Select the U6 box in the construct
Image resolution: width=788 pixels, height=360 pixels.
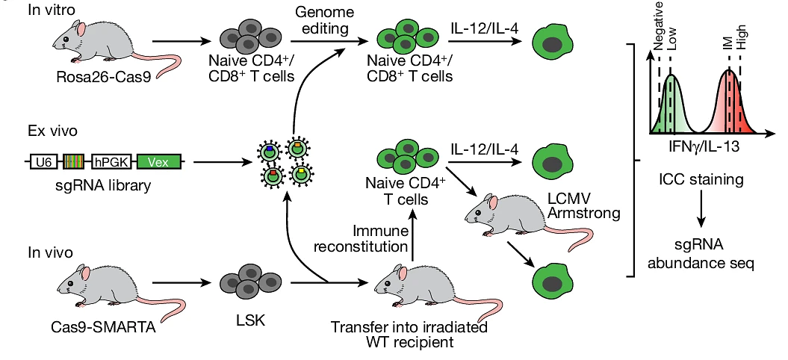coord(41,161)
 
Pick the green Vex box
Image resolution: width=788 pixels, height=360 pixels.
coord(158,161)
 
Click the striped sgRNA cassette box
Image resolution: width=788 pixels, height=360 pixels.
coord(74,161)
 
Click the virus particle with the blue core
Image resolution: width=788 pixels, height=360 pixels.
coord(270,152)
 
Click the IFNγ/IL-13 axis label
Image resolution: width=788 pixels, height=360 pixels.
coord(702,147)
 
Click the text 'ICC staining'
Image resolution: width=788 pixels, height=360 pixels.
coord(701,179)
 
